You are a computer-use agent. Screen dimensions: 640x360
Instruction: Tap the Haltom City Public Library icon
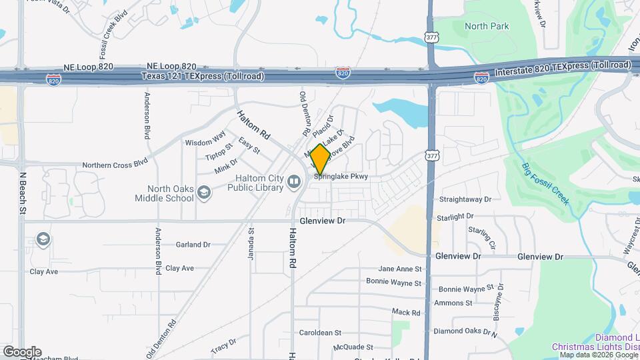click(x=294, y=181)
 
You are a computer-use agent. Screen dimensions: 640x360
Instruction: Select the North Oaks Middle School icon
click(x=203, y=193)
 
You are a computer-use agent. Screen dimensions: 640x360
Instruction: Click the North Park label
click(x=487, y=26)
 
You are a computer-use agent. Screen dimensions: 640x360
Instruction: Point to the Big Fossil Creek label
click(x=545, y=183)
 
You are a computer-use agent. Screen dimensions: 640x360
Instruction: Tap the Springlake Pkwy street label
click(x=341, y=177)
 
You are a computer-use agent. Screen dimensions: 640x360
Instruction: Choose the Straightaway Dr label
click(x=465, y=199)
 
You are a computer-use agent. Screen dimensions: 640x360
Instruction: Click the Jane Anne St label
click(x=400, y=269)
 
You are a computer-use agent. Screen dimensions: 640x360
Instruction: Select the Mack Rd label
click(x=406, y=312)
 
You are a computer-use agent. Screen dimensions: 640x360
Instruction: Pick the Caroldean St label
click(x=320, y=332)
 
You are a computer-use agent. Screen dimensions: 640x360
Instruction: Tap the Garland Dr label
click(x=193, y=245)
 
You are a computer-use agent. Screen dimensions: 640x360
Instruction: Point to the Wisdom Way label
click(x=205, y=142)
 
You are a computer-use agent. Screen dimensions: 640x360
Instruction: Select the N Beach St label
click(x=22, y=193)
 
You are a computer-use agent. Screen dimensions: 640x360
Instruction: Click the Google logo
click(x=22, y=352)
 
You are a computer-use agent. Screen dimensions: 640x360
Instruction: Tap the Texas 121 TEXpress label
click(x=202, y=77)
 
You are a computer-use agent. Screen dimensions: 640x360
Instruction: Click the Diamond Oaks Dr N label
click(x=465, y=331)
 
